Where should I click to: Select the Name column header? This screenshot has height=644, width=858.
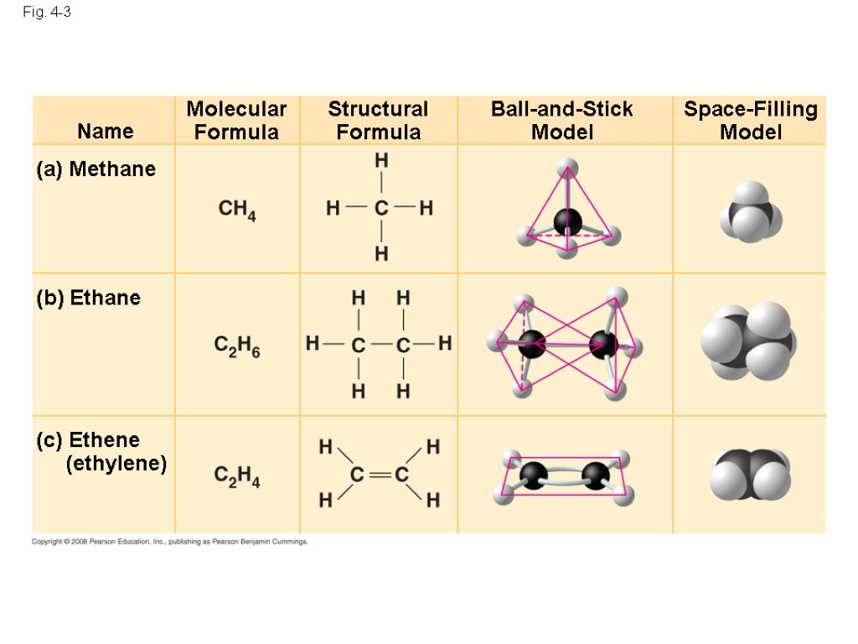[105, 131]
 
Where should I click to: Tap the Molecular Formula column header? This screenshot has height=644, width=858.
[236, 120]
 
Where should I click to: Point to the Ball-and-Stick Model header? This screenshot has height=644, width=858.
[561, 120]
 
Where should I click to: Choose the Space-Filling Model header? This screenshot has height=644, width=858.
[750, 120]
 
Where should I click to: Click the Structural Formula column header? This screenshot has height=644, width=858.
[378, 120]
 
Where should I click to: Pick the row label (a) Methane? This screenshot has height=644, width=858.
[96, 169]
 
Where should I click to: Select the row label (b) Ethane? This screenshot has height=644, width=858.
[88, 298]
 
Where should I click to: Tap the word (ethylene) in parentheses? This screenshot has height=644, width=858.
[116, 463]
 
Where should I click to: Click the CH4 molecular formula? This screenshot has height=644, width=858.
[237, 210]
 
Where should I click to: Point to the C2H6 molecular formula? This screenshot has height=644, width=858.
[237, 346]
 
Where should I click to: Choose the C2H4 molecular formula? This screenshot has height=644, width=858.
[237, 477]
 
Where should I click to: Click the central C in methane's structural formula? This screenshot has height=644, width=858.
[381, 208]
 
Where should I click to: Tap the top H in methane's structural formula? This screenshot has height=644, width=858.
[381, 159]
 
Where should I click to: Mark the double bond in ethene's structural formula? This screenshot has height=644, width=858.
[379, 475]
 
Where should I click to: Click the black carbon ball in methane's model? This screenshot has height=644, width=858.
[567, 221]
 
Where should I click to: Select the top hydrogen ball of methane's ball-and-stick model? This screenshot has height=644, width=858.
[567, 165]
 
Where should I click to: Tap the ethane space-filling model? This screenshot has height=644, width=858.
[748, 342]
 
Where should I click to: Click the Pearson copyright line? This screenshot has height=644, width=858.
[170, 543]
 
